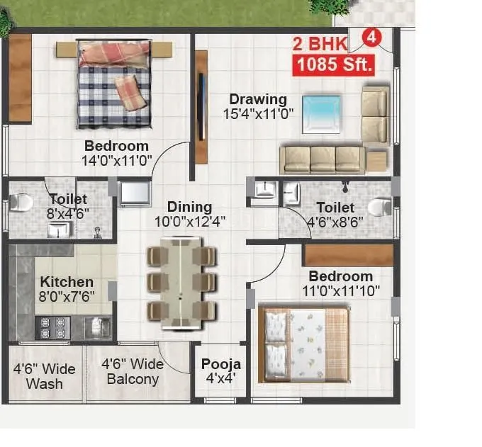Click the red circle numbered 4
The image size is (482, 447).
tap(370, 35)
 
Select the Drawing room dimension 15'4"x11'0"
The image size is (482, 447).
tap(258, 113)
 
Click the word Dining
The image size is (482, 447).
tap(189, 207)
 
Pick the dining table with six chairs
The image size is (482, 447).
tap(181, 283)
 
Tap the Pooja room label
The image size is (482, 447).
tap(220, 364)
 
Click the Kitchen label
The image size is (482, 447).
tap(66, 281)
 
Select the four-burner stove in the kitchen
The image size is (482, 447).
tap(54, 327)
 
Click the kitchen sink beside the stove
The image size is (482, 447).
tap(94, 327)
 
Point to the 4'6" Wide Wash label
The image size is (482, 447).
tap(44, 376)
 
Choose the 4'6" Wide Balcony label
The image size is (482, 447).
tap(133, 371)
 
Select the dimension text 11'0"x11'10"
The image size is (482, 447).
tap(342, 290)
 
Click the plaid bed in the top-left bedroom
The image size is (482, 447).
tap(114, 84)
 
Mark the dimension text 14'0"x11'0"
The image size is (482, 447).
tap(117, 160)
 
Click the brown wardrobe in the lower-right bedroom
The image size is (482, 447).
tap(348, 255)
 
